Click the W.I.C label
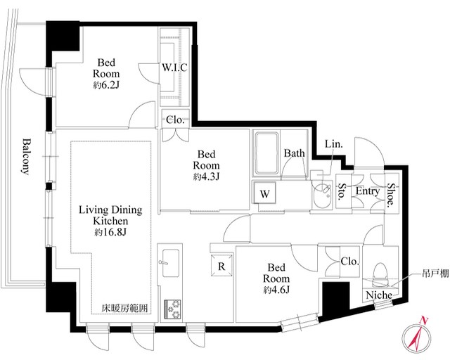click(174, 67)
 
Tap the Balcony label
click(26, 157)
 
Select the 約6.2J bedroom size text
click(106, 85)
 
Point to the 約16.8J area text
click(110, 232)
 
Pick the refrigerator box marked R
click(221, 266)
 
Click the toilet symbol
click(380, 275)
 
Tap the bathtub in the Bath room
click(266, 153)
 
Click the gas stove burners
click(172, 309)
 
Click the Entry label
click(368, 191)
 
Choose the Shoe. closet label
click(391, 195)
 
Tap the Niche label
click(379, 295)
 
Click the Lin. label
click(334, 144)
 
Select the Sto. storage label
click(342, 191)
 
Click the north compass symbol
click(416, 337)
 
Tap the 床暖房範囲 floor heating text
click(125, 309)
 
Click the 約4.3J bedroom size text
click(206, 176)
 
